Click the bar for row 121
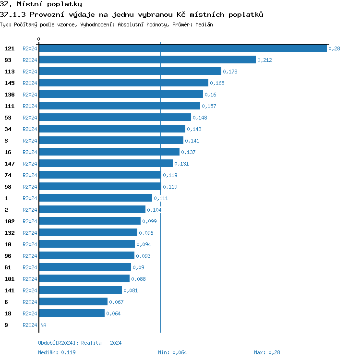[x=182, y=48]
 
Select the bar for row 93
[x=147, y=60]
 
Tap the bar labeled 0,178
[x=130, y=71]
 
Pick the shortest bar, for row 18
[x=72, y=313]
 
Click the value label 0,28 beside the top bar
[x=334, y=48]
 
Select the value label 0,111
[x=161, y=198]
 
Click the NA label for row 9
[x=43, y=325]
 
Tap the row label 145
[x=10, y=83]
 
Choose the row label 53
[x=8, y=118]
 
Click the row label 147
[x=10, y=164]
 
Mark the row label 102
[x=10, y=221]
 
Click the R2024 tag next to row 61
[x=30, y=267]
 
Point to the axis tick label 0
[x=39, y=39]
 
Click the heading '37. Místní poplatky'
[x=41, y=4]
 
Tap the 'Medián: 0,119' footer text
[x=57, y=352]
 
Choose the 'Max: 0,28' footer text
[x=267, y=352]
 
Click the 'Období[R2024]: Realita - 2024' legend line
[x=80, y=343]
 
